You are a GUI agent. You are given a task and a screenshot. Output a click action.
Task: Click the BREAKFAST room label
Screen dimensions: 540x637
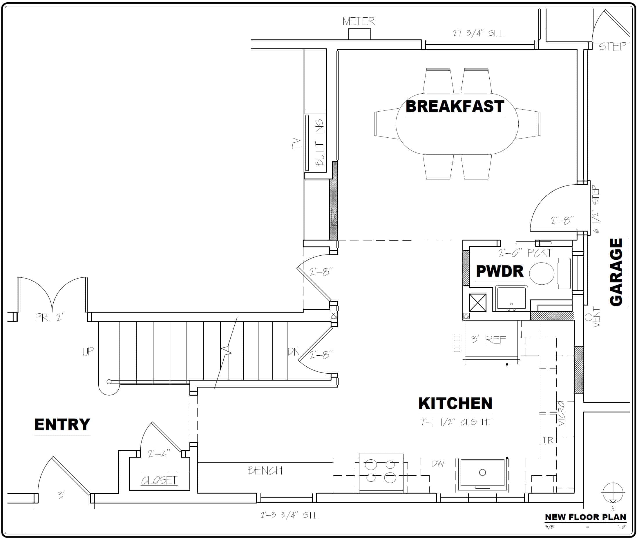coord(455,107)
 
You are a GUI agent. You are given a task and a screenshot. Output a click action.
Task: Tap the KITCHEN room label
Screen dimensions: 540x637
coord(455,403)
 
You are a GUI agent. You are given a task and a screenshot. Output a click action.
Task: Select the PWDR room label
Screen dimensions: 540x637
coord(500,271)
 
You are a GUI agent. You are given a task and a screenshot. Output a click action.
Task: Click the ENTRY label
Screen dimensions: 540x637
coord(62,425)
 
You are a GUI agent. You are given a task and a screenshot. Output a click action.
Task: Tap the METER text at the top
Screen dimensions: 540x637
coord(359,21)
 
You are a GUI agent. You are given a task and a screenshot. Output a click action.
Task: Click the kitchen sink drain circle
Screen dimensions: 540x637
coord(482,473)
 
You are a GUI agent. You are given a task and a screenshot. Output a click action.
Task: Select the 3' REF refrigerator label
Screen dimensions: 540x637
coord(488,339)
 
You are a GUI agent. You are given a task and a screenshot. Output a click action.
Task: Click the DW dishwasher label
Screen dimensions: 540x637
coord(438,464)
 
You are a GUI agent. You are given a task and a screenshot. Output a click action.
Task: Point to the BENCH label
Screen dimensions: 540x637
coord(265,470)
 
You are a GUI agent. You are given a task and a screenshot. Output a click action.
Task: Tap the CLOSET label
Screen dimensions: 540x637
coord(159,480)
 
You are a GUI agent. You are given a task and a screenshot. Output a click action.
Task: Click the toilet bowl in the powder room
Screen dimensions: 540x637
coord(542,273)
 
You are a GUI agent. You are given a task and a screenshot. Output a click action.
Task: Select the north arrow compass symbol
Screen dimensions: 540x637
coord(613,493)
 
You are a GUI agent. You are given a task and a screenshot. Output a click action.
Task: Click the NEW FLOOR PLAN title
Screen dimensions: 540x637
coord(585,517)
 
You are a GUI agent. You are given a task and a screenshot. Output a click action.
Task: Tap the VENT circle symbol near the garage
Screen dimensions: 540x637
coord(588,317)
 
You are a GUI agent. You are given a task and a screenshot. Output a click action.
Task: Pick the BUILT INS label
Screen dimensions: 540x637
coord(319,143)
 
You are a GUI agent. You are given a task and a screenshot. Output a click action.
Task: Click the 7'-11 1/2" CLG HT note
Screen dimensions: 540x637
coord(456,422)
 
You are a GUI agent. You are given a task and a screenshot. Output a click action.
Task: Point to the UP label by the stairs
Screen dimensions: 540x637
coord(88,352)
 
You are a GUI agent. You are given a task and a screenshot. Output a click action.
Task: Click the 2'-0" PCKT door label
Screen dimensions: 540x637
coord(525,253)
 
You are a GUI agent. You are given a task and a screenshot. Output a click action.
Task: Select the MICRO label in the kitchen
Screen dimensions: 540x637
coord(561,414)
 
